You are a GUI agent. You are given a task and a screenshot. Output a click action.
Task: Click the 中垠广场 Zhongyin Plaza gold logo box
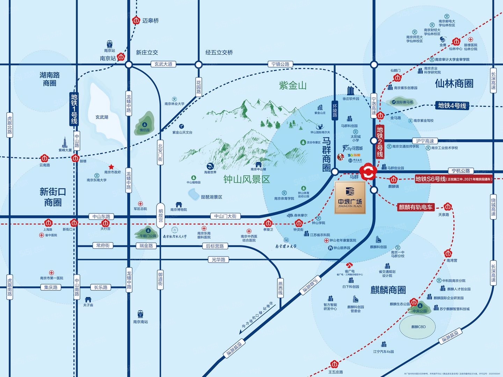pyautogui.click(x=350, y=198)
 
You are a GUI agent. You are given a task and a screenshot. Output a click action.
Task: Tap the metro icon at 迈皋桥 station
pyautogui.click(x=136, y=21)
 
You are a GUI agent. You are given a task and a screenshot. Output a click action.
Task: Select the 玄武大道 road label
pyautogui.click(x=163, y=64)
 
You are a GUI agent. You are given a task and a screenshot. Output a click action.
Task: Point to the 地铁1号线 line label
pyautogui.click(x=74, y=109)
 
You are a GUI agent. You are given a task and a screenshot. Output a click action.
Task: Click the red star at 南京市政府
pyautogui.click(x=111, y=167)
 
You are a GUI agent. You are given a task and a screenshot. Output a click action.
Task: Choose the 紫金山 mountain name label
pyautogui.click(x=293, y=85)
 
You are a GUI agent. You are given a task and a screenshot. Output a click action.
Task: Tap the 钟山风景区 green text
pyautogui.click(x=247, y=179)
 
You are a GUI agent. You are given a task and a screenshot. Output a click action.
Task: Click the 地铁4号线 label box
pyautogui.click(x=452, y=105)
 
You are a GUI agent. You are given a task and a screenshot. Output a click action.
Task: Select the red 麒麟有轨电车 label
pyautogui.click(x=416, y=207)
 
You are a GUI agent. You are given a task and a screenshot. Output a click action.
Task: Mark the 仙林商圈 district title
pyautogui.click(x=454, y=83)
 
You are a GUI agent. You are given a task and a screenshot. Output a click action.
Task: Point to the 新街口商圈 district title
pyautogui.click(x=53, y=197)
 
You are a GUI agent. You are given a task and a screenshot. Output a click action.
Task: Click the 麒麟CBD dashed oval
pyautogui.click(x=418, y=327)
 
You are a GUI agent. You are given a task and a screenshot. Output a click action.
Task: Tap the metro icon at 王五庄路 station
pyautogui.click(x=336, y=364)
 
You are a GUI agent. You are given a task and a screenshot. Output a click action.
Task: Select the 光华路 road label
pyautogui.click(x=218, y=260)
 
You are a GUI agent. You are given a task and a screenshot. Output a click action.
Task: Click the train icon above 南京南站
pyautogui.click(x=140, y=313)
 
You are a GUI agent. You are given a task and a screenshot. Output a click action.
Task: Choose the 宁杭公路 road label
pyautogui.click(x=461, y=171)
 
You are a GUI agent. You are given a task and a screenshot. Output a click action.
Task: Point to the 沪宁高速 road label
pyautogui.click(x=425, y=141)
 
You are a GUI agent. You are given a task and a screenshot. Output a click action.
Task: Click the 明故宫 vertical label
pyautogui.click(x=160, y=216)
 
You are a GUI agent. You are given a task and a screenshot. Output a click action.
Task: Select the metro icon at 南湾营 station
pyautogui.click(x=448, y=253)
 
